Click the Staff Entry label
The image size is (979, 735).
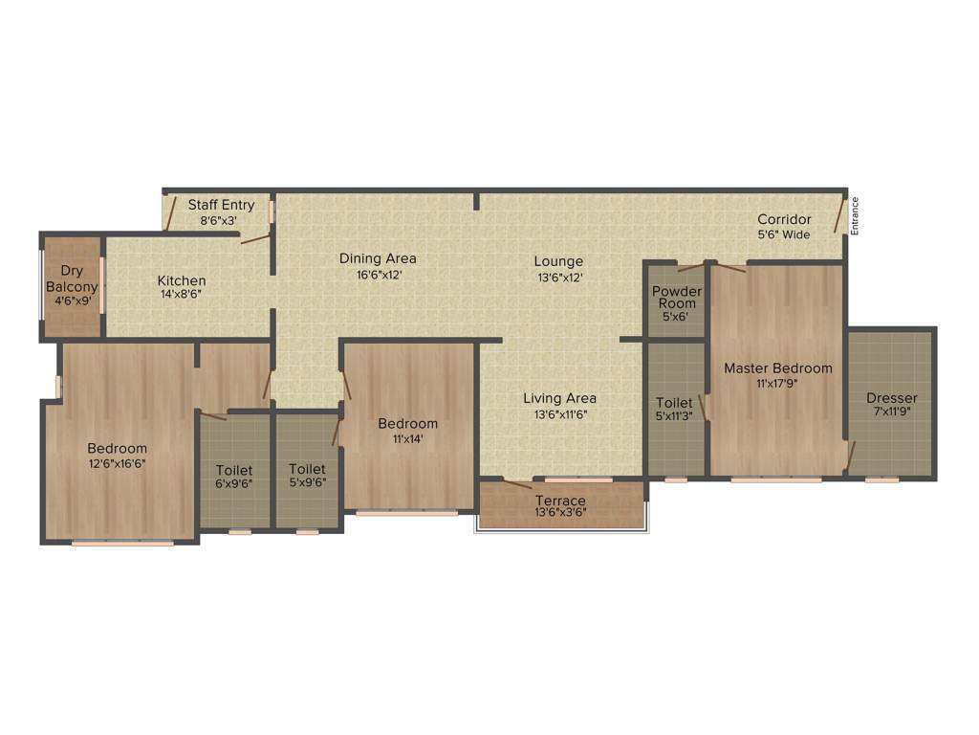pyautogui.click(x=221, y=205)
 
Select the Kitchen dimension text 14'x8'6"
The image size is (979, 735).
pyautogui.click(x=182, y=295)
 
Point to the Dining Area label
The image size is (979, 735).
pyautogui.click(x=378, y=258)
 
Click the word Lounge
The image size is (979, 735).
pyautogui.click(x=559, y=261)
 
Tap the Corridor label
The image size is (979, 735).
pyautogui.click(x=784, y=220)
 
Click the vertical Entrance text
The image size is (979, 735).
pyautogui.click(x=856, y=214)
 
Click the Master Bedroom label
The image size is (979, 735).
pyautogui.click(x=777, y=367)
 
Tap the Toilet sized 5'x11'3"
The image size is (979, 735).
pyautogui.click(x=675, y=410)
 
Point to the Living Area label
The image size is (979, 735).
pyautogui.click(x=559, y=398)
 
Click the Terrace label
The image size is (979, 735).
pyautogui.click(x=560, y=501)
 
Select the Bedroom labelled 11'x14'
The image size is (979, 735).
pyautogui.click(x=407, y=431)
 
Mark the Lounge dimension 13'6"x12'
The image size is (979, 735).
pyautogui.click(x=559, y=278)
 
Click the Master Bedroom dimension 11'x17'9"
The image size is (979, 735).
pyautogui.click(x=777, y=383)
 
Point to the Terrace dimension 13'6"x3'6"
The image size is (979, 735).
pyautogui.click(x=560, y=513)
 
